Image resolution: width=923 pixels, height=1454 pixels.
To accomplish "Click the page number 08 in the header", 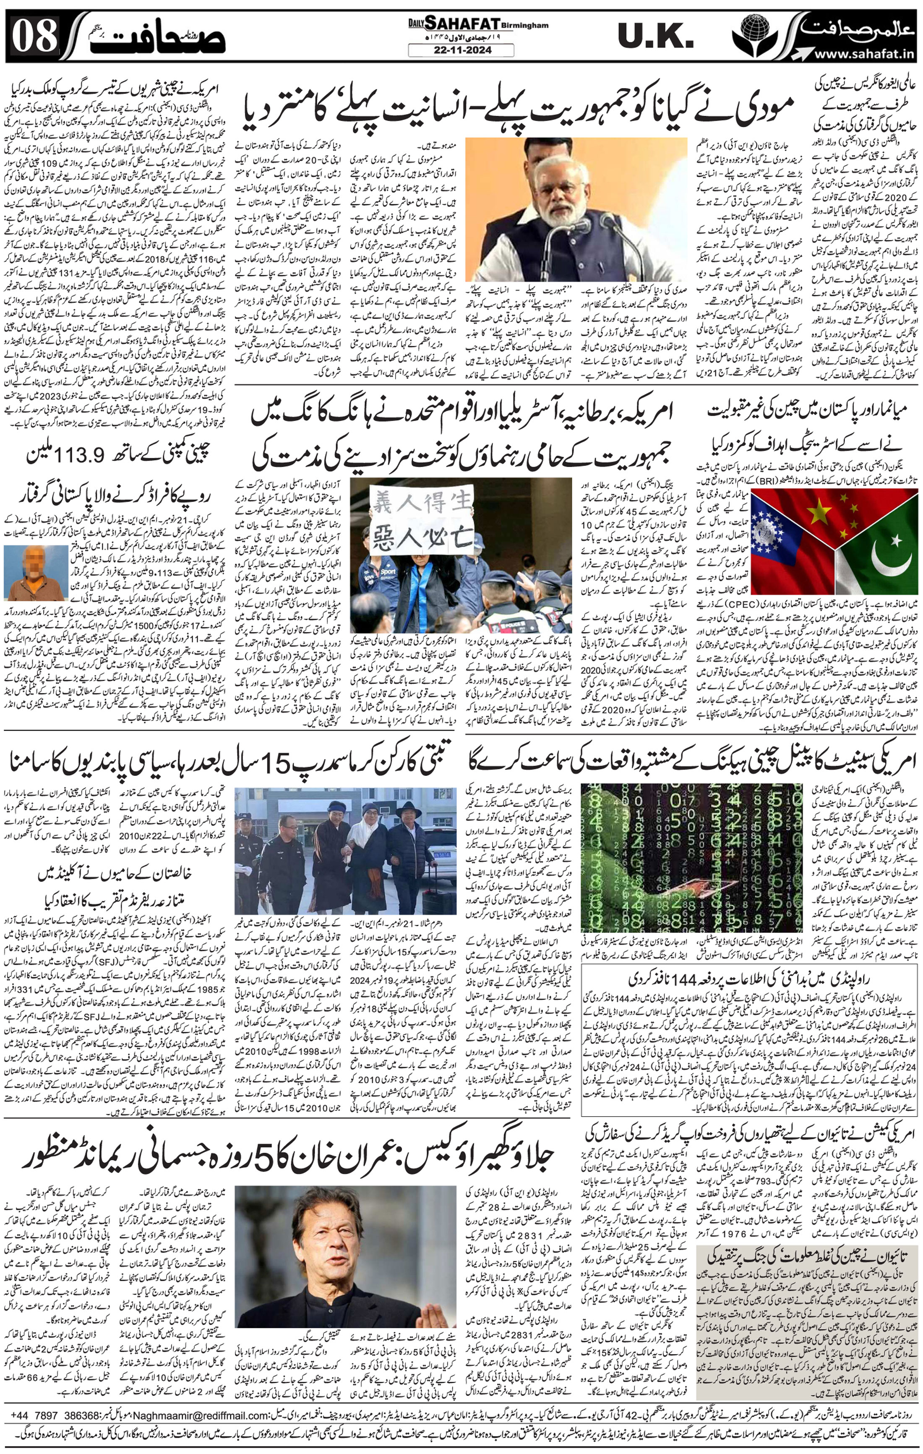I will click(35, 37).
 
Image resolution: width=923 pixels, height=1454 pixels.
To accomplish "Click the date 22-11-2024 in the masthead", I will click(461, 50).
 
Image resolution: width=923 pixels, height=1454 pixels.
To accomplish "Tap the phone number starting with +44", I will click(54, 1414).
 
